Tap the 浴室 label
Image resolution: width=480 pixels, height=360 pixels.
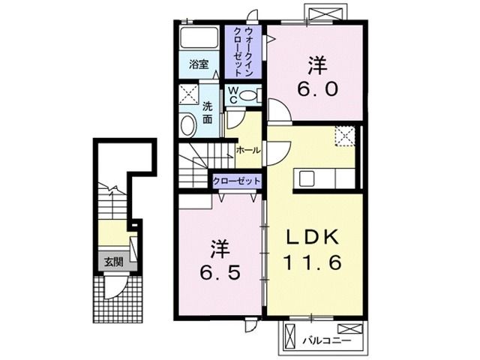coord(198,64)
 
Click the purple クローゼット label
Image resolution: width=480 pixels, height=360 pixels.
coord(237,181)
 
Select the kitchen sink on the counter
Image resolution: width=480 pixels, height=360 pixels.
coord(307,178)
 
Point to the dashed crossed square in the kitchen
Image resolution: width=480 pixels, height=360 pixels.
coord(345,136)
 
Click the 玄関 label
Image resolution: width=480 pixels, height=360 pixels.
coord(114,262)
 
